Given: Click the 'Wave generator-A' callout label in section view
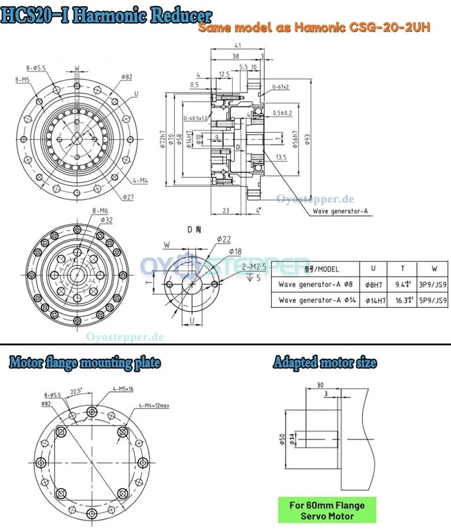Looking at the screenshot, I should point(340,211).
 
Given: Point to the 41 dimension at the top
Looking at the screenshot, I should point(237,45).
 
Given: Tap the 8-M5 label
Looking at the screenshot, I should point(22,79).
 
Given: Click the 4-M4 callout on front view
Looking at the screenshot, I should point(140,181).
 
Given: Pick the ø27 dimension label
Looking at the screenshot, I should point(128,197).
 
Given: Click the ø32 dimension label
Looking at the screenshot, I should point(106,220).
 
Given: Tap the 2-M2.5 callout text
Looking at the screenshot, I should point(254,266).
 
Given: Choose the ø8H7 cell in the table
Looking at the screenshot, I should point(374,285).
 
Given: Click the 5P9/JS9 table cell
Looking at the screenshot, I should point(432,301).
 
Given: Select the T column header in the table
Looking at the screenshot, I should point(402,269).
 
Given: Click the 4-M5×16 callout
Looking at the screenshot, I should point(123,389).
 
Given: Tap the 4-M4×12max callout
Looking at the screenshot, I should point(154,405).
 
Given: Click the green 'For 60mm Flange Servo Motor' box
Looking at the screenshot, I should point(327,510).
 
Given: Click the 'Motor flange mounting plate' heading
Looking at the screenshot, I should point(85,363).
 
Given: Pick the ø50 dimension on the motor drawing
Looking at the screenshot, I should point(282,440).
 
